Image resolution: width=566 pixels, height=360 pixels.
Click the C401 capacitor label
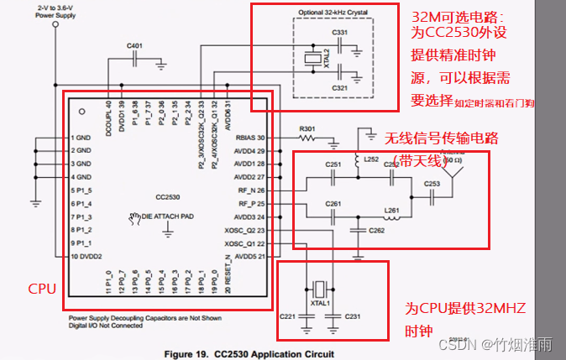click(134, 44)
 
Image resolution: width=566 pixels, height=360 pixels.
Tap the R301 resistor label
click(307, 129)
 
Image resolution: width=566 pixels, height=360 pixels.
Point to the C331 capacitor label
click(340, 32)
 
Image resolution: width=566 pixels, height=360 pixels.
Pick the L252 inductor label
click(371, 159)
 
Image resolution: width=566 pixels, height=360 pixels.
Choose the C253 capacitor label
click(432, 182)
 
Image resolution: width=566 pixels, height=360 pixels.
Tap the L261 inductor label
click(391, 210)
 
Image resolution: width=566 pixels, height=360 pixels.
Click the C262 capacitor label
click(377, 229)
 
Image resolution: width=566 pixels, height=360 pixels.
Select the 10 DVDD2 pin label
click(86, 255)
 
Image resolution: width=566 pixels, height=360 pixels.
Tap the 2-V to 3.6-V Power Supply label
click(56, 11)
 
